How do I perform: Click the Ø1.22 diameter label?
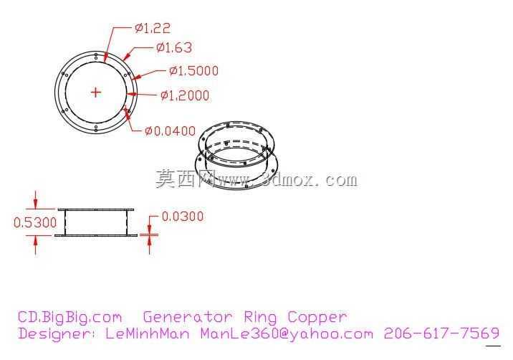click(153, 28)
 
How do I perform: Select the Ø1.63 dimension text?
click(174, 48)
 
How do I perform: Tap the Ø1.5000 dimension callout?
click(193, 71)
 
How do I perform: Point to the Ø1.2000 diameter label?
click(185, 95)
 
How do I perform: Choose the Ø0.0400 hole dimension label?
click(170, 131)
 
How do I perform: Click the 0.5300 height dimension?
click(35, 223)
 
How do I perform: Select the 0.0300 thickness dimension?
click(183, 217)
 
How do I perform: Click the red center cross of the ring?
click(95, 93)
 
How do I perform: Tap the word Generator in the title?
click(188, 317)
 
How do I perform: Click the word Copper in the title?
click(317, 318)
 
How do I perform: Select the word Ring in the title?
click(260, 318)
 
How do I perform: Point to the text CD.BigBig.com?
click(69, 318)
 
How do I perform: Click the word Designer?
click(59, 334)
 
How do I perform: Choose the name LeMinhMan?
click(148, 333)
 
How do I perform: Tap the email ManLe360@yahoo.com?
click(287, 334)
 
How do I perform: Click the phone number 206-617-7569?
click(441, 333)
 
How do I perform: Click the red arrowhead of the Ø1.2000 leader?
click(131, 95)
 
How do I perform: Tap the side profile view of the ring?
click(95, 222)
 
